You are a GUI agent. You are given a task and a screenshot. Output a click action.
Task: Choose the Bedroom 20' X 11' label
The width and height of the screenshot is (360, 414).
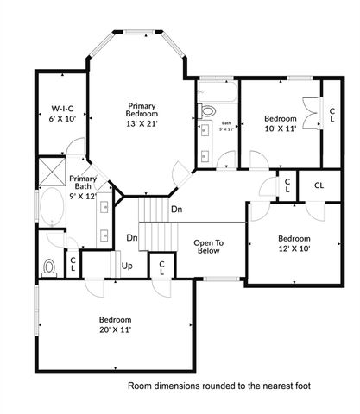click(113, 323)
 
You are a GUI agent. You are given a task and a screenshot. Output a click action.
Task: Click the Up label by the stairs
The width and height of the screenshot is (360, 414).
click(127, 265)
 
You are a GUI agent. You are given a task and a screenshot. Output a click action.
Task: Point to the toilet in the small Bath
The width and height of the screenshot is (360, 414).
click(207, 110)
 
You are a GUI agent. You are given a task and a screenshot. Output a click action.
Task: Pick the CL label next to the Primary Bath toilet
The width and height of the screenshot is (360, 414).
click(73, 264)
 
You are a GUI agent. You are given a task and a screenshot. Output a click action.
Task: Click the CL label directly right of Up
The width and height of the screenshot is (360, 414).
click(161, 267)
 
